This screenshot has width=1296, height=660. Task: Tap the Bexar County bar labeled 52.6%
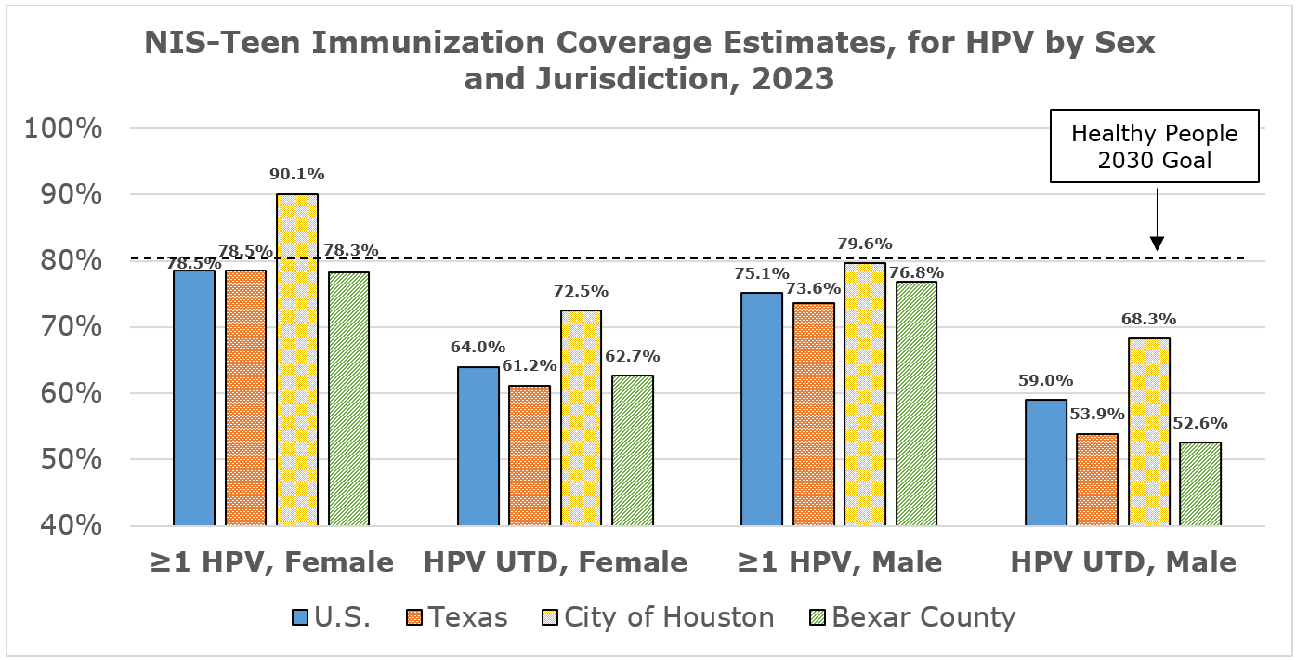1200,483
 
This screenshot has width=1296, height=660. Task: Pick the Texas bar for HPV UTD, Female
530,455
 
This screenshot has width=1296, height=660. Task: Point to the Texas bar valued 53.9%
1097,480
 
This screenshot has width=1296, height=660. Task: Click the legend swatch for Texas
414,617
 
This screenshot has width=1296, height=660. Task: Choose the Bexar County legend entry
923,617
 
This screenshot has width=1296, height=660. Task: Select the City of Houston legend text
669,617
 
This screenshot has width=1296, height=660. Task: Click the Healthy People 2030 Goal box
1155,146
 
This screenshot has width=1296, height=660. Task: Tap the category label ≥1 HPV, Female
271,561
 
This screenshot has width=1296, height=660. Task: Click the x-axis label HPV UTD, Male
1123,561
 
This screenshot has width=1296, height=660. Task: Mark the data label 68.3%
1148,319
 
